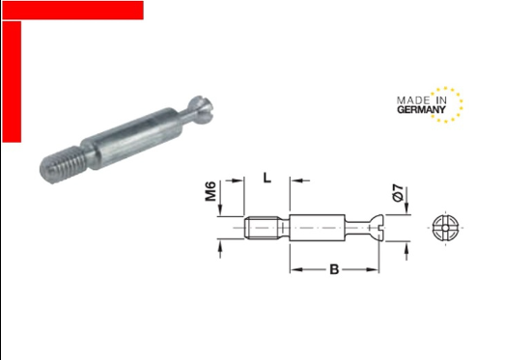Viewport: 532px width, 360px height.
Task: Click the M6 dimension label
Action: coord(210,191)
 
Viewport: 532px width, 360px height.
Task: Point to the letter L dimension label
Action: coord(267,178)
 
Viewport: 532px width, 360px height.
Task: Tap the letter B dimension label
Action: coord(334,269)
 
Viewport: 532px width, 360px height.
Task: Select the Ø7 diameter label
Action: coord(399,193)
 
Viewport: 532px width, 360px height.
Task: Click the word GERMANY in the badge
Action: coord(421,110)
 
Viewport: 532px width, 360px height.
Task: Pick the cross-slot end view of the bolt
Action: coord(445,228)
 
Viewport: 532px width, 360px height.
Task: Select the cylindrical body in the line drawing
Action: coord(318,228)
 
